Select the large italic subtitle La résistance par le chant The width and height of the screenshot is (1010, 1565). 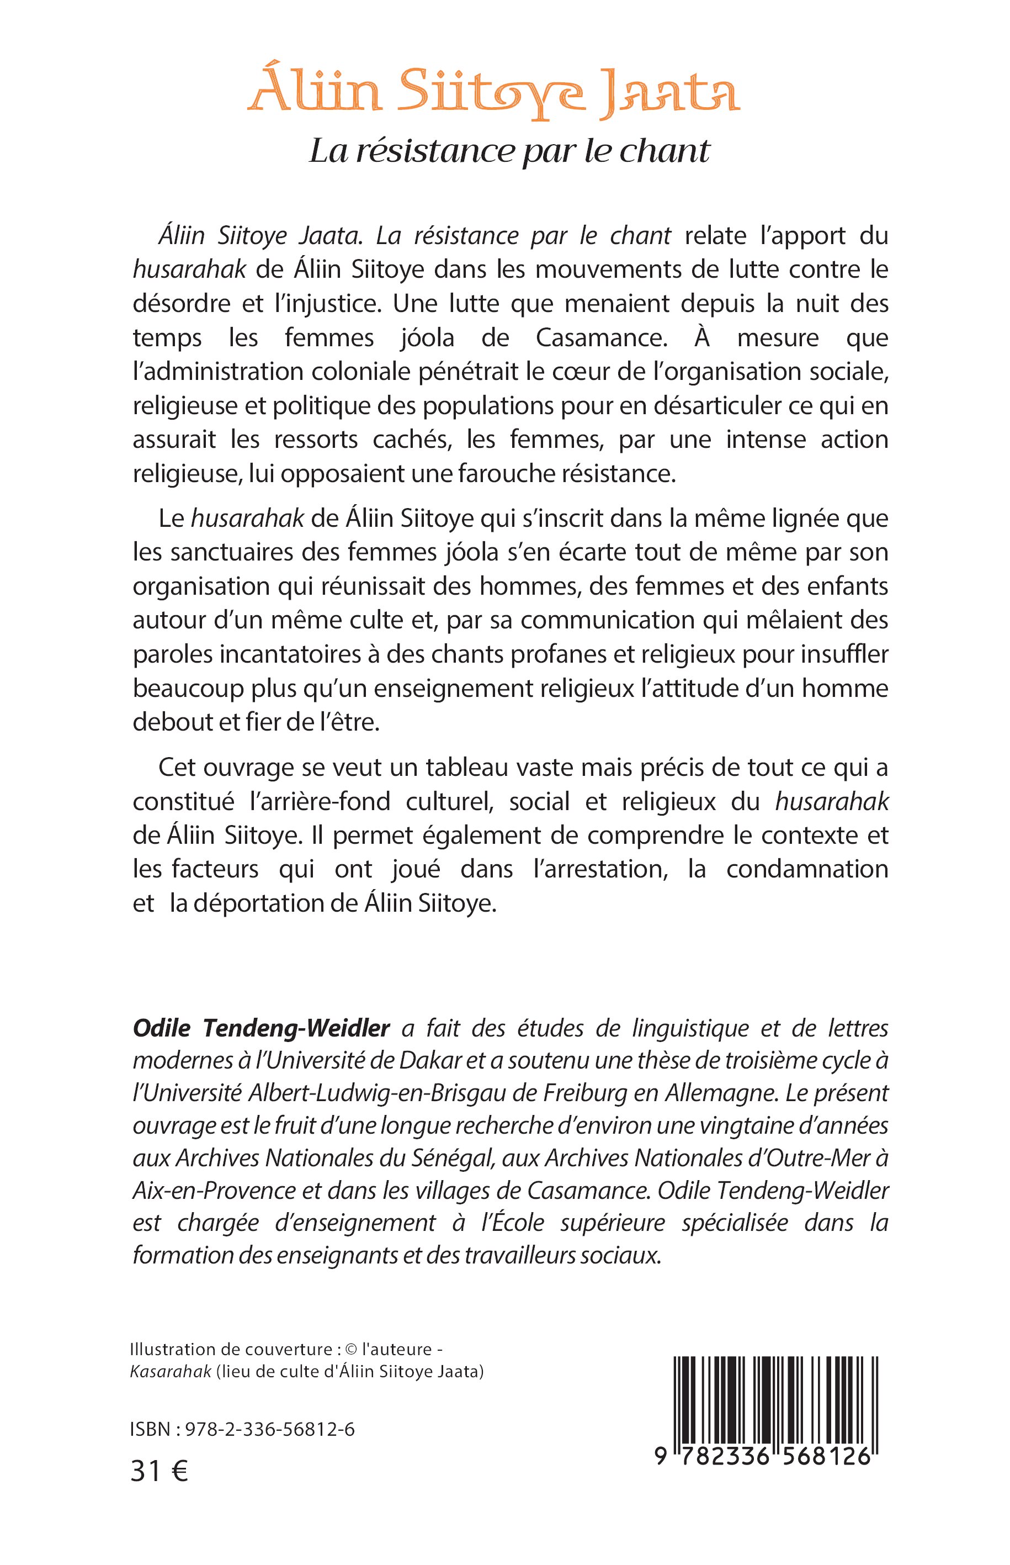[509, 151]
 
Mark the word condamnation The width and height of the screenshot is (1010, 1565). [807, 869]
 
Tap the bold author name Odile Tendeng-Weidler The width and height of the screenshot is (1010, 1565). [261, 1028]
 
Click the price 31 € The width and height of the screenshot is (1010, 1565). [160, 1472]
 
